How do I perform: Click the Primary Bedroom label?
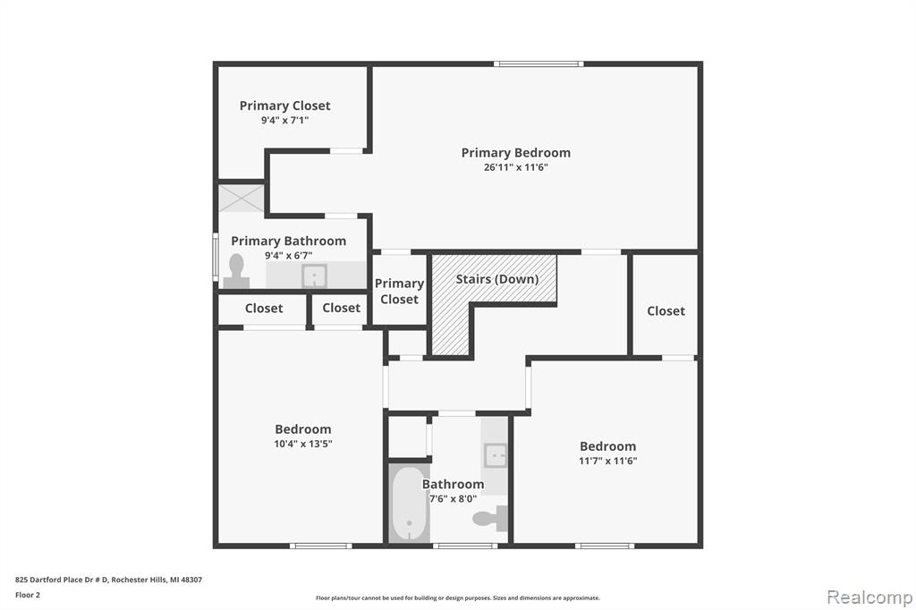click(x=516, y=152)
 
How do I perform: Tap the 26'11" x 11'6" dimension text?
click(x=516, y=167)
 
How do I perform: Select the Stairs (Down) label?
click(x=497, y=279)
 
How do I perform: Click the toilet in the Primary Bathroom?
click(x=236, y=271)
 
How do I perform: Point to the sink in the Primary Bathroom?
click(x=314, y=275)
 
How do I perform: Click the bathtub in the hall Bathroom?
click(x=409, y=504)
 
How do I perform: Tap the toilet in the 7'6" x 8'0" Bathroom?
click(x=490, y=518)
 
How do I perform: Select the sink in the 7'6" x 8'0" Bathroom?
click(x=496, y=454)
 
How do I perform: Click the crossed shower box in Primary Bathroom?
click(x=242, y=198)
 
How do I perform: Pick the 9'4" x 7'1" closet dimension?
click(x=284, y=121)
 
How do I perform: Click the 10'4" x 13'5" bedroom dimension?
click(x=303, y=444)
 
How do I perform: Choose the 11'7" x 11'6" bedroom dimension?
click(x=608, y=461)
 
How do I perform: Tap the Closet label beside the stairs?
click(x=666, y=311)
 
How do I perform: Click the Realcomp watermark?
click(x=869, y=597)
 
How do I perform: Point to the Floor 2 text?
click(x=28, y=595)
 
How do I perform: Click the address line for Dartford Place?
click(x=108, y=580)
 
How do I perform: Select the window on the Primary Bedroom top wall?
click(x=539, y=64)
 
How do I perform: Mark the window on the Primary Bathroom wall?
click(x=216, y=257)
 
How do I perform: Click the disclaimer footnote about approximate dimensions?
click(x=458, y=597)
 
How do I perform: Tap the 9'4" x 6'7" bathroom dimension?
click(x=289, y=255)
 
